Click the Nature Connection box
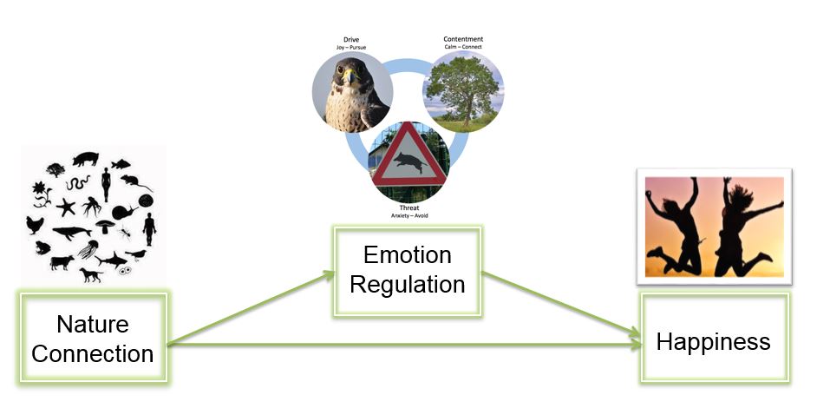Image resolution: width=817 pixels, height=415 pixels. (93, 339)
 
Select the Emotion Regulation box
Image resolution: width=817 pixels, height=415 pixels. (408, 270)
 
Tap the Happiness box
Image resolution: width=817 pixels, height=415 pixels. (714, 340)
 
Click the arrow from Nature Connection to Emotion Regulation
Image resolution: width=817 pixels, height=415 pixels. (252, 308)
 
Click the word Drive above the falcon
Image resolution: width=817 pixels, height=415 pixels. (351, 40)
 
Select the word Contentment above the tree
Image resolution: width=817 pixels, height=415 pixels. (463, 39)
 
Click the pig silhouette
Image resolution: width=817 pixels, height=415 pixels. (85, 159)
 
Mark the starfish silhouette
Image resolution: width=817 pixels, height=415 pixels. (66, 207)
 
